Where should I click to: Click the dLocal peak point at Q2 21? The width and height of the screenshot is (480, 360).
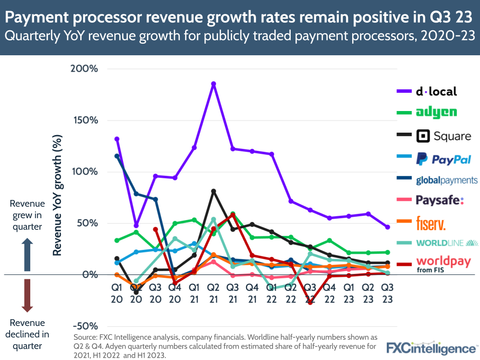coord(213,84)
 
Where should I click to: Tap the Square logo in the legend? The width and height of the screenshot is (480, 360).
coord(443,136)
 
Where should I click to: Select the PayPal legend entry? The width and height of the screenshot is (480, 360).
coord(443,159)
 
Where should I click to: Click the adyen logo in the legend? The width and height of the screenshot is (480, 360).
coord(436,112)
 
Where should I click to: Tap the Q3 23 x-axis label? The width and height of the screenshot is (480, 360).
coord(387,293)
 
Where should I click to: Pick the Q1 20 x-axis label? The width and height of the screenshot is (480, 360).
coord(116,293)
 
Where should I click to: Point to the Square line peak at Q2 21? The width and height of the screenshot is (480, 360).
coord(213,191)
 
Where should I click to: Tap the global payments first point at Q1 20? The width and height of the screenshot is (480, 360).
coord(116,156)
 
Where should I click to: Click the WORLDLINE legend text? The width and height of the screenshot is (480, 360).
coord(441,243)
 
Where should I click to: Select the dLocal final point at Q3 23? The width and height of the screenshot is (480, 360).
coord(387,227)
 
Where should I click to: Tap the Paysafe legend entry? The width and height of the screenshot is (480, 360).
coord(440,200)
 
